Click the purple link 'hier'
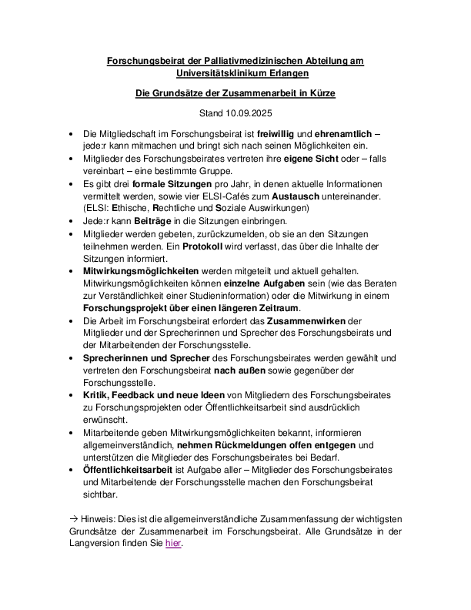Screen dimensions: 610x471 coord(173,542)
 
